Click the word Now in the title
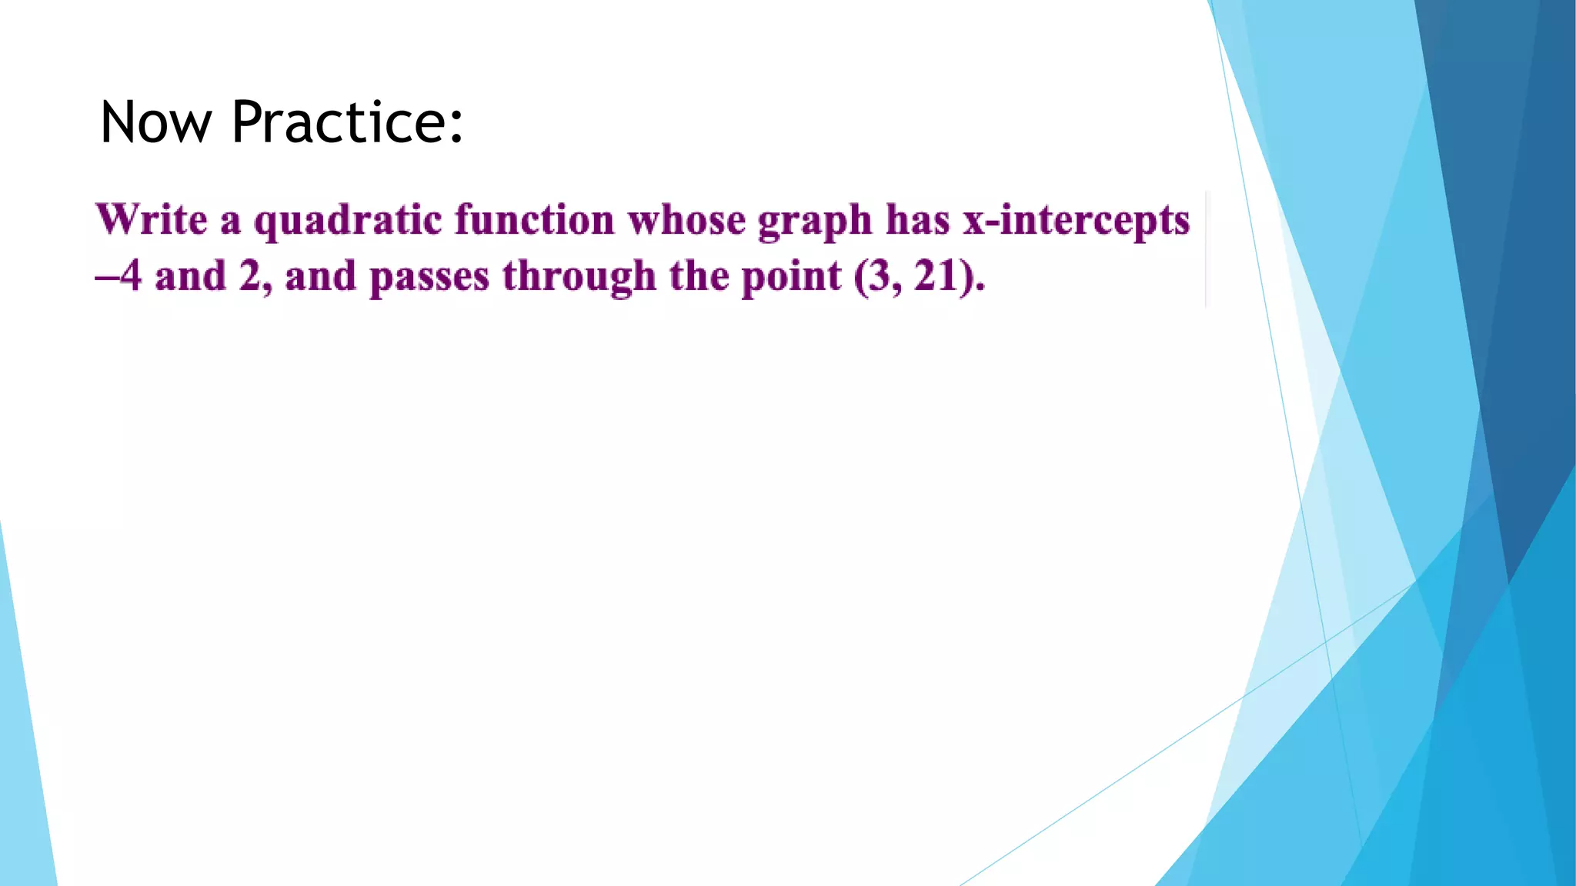point(155,122)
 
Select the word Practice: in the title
point(347,122)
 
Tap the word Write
point(152,220)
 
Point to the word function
point(534,220)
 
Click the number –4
point(119,276)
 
